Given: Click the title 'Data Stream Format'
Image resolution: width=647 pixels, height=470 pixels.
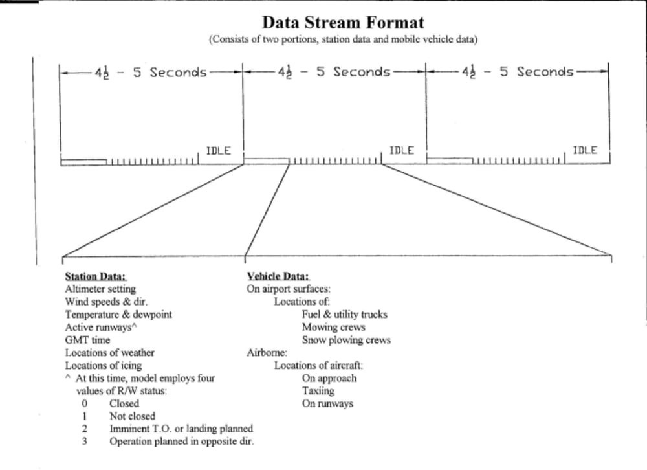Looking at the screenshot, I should tap(343, 23).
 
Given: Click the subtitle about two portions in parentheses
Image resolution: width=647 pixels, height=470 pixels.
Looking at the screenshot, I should tap(343, 39).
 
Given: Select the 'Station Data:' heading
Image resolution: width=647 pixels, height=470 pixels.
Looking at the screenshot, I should tap(95, 276).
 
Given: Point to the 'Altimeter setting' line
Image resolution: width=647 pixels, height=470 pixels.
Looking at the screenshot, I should tap(100, 289).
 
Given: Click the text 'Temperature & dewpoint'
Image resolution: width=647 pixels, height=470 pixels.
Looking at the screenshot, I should tap(118, 315).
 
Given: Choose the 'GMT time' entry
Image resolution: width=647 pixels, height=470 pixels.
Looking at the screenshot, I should tap(87, 340).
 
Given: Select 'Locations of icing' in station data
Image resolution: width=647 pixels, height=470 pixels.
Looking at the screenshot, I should tap(104, 365).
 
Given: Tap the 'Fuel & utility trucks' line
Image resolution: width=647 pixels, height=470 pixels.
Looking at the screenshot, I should tap(344, 315).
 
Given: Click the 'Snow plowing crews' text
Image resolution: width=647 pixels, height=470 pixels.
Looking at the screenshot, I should tap(346, 340).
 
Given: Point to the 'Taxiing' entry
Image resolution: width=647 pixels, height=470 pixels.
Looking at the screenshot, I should tap(318, 391).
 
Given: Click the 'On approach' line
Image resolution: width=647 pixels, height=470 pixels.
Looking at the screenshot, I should tap(329, 378).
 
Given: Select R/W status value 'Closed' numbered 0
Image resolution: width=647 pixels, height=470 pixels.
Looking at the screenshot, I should tap(124, 403).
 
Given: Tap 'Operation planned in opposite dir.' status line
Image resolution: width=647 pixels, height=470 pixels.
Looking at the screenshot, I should tap(181, 442).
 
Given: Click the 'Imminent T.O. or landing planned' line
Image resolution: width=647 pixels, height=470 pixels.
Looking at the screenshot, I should tap(181, 429).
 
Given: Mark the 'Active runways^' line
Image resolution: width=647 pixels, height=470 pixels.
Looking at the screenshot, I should tap(102, 328).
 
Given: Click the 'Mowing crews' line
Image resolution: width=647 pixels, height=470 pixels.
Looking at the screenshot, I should tap(333, 328).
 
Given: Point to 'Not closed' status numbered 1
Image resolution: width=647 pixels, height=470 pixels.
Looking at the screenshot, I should tap(132, 416).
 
